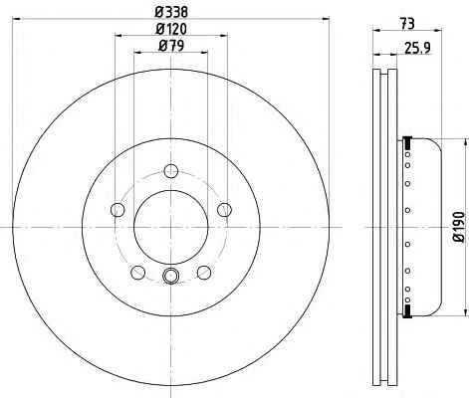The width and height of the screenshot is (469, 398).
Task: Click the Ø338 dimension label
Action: [x=171, y=12]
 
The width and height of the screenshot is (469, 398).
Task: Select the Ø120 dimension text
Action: [x=171, y=29]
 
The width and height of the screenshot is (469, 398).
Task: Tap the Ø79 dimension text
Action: [x=171, y=46]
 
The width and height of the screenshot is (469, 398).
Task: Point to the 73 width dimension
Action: [x=407, y=24]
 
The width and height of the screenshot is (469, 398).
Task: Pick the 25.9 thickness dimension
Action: [x=417, y=48]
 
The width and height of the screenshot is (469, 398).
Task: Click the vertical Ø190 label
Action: [x=460, y=227]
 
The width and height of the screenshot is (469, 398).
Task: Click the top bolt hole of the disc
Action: [x=171, y=171]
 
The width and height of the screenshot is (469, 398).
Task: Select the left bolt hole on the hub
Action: [x=117, y=210]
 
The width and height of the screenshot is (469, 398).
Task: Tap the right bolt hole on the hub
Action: [x=225, y=210]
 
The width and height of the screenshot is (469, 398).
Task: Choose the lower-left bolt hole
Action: [x=138, y=273]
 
